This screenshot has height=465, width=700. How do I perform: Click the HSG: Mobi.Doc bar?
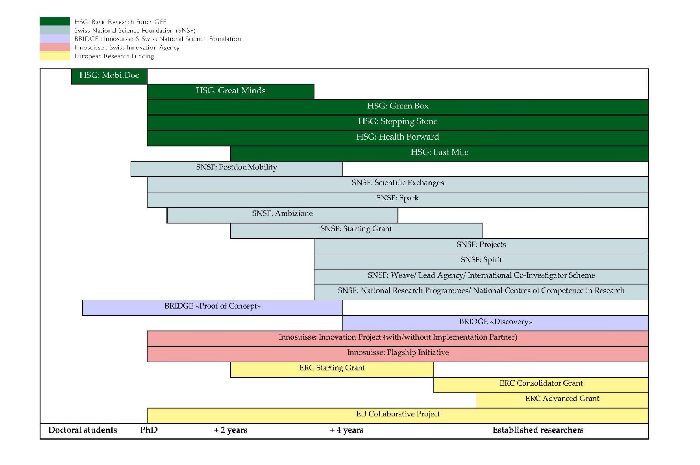point(109,76)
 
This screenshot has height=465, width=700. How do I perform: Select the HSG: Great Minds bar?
point(230,91)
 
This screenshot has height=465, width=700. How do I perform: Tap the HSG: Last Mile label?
point(439,152)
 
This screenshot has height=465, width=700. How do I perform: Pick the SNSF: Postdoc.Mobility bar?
point(237,169)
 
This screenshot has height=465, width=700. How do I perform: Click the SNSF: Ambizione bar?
point(282,215)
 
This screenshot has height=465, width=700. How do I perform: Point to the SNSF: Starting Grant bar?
point(356,230)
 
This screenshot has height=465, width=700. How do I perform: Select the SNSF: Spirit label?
point(481,260)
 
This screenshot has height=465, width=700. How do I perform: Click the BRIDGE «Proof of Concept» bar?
point(212,307)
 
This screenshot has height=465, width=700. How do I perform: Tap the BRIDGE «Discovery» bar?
point(495,323)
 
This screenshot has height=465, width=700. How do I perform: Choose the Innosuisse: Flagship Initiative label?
point(398,352)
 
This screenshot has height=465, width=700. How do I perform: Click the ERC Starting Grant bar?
point(332,369)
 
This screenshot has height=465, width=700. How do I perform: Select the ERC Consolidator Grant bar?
point(541,384)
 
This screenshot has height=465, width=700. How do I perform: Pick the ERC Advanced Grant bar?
point(562,400)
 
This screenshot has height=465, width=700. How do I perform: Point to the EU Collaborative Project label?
point(398,414)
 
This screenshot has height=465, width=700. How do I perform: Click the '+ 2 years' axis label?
point(231,430)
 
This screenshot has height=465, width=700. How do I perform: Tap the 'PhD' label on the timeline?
point(149,430)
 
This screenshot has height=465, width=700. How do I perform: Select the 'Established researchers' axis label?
point(538,430)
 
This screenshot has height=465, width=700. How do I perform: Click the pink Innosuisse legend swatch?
point(55,47)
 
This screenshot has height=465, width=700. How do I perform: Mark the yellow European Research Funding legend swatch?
point(55,56)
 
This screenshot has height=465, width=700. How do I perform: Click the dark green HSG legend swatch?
point(55,21)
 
